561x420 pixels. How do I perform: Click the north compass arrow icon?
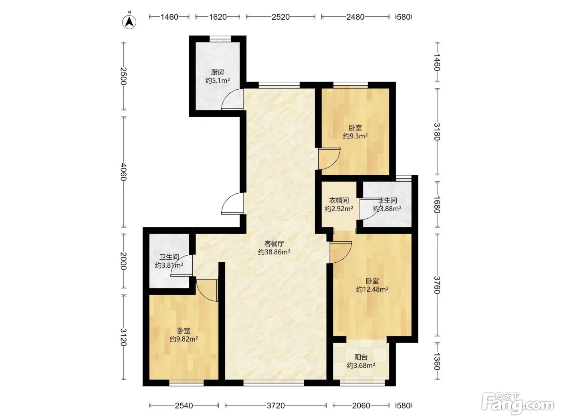(129, 22)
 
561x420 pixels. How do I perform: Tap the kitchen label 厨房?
(218, 72)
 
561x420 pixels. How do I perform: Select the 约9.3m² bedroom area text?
(355, 136)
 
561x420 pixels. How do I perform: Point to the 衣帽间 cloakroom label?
(339, 200)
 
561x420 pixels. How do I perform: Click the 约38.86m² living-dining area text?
(274, 252)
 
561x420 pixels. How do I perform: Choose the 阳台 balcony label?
(361, 357)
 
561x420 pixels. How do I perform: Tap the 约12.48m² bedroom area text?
(372, 289)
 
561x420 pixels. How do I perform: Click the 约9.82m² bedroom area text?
(184, 339)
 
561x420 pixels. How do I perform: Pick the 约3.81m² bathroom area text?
(169, 266)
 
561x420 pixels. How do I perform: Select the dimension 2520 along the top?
(280, 17)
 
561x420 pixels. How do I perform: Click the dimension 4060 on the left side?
(123, 172)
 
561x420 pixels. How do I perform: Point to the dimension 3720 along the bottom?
(276, 406)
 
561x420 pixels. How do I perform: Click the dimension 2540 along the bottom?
(184, 406)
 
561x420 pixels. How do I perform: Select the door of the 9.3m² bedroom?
(329, 159)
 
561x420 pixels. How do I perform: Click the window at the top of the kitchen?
(220, 39)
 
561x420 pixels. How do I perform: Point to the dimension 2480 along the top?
(355, 17)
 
